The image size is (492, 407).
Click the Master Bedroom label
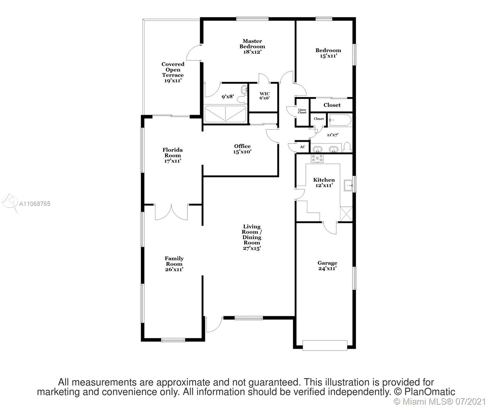(x=252, y=46)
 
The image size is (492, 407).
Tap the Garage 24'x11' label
(x=327, y=266)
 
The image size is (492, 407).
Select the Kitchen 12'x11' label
(x=324, y=182)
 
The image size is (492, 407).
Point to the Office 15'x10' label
(x=242, y=149)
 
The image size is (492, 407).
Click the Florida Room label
(x=173, y=155)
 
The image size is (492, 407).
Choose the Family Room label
(x=174, y=264)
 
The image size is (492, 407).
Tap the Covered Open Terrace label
(x=173, y=72)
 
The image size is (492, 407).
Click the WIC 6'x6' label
(x=264, y=96)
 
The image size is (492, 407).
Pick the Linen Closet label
(x=302, y=111)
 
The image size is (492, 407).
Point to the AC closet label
(x=302, y=147)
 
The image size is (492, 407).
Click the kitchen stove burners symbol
(x=317, y=158)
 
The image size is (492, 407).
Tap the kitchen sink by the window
(x=348, y=185)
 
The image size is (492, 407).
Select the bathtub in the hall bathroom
(x=340, y=120)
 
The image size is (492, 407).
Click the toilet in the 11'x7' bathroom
(x=347, y=147)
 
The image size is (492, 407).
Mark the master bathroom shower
(x=225, y=114)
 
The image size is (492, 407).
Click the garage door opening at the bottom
(x=325, y=345)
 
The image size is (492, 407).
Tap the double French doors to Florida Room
(x=171, y=212)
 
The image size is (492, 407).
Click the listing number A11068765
(x=35, y=203)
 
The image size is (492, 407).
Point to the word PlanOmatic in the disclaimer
(x=430, y=392)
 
